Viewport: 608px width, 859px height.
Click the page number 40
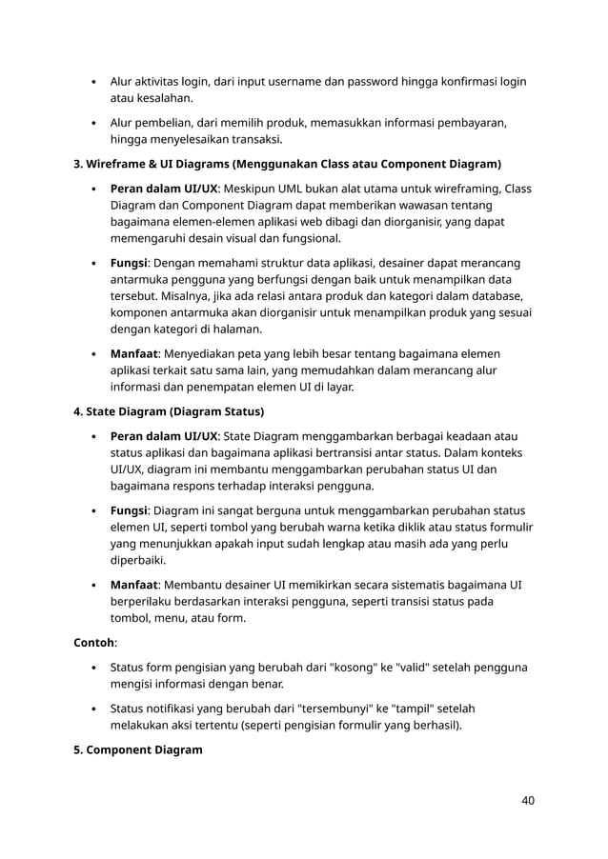pyautogui.click(x=527, y=800)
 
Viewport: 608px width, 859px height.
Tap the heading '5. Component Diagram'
pyautogui.click(x=138, y=749)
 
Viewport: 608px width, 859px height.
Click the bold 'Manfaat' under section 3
pyautogui.click(x=134, y=353)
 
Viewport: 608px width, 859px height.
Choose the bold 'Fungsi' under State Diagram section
pyautogui.click(x=130, y=509)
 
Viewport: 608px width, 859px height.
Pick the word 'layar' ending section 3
pyautogui.click(x=334, y=387)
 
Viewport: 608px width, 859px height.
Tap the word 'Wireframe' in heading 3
pyautogui.click(x=118, y=164)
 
